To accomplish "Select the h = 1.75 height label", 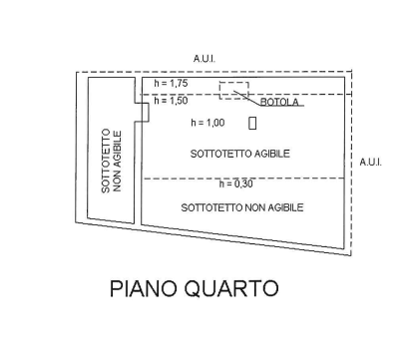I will coord(173,83).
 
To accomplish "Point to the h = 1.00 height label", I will coord(207,123).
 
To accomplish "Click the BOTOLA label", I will coord(283,103).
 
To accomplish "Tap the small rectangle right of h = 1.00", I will coord(252,123).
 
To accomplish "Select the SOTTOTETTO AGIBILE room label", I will coord(240,154).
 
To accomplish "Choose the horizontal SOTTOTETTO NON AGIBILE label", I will coord(242,206).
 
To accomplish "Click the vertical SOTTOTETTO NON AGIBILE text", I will coord(111,162).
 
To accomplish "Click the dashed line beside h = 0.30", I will coord(299,180).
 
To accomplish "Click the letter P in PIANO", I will coord(115,289).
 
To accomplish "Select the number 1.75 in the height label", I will coord(180,83).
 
